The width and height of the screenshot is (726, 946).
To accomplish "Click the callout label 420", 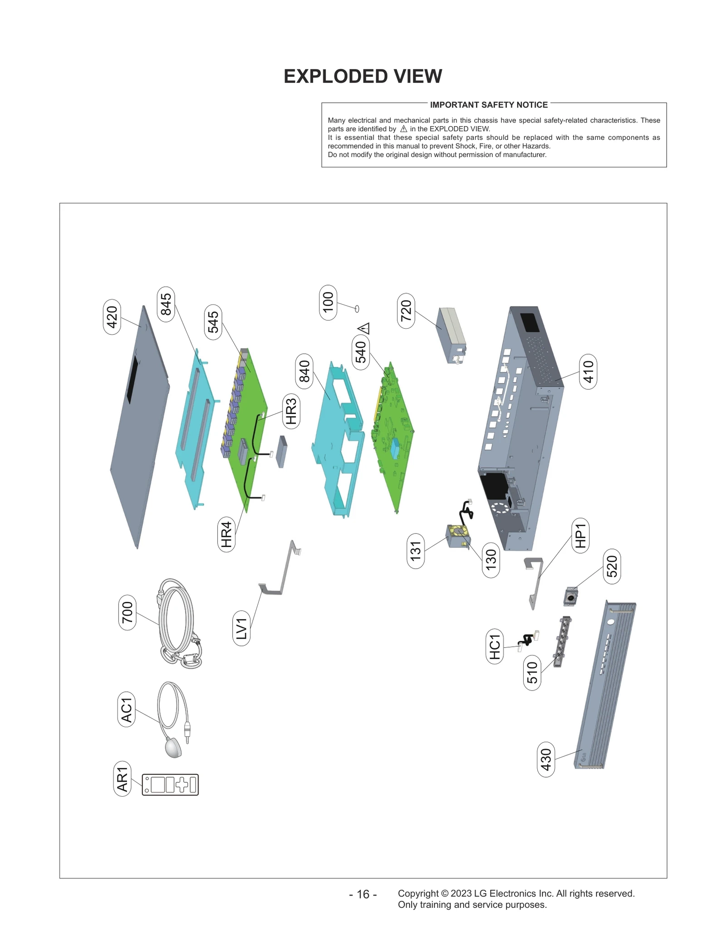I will (x=112, y=317).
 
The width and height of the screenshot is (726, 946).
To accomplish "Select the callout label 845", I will (x=166, y=304).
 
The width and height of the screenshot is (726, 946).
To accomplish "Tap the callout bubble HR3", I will (x=291, y=411).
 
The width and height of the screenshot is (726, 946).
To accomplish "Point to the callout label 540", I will (x=361, y=352).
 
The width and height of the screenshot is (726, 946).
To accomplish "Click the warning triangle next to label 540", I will (x=364, y=328).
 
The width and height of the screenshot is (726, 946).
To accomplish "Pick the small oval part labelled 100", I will (x=357, y=309).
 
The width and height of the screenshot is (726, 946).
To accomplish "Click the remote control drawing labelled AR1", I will (x=170, y=784).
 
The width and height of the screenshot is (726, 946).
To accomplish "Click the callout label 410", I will (x=588, y=371).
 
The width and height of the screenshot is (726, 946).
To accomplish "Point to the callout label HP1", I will (x=580, y=535).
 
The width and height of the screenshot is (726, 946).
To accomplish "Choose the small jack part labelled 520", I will (x=570, y=597).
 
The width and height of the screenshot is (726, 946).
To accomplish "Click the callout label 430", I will (x=546, y=759).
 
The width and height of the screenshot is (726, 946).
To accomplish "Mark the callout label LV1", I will (x=241, y=628).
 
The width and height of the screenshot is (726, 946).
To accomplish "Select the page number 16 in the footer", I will (x=363, y=894).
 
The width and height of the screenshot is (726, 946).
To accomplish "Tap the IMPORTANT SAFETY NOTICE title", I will (x=489, y=105).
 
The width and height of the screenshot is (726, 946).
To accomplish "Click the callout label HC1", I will (x=495, y=646).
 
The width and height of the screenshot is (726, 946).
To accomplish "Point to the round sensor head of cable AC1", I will (x=173, y=747).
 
